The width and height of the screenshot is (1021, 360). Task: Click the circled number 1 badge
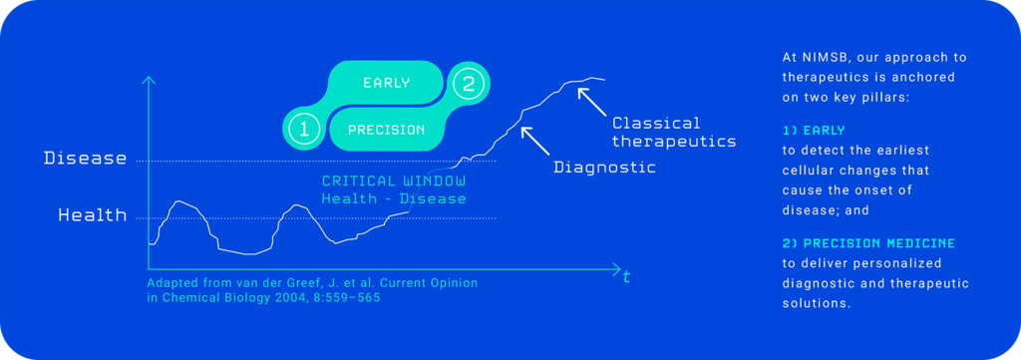pos(303,129)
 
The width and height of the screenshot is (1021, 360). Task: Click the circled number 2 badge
pos(469,84)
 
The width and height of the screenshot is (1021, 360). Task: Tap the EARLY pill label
pos(387,83)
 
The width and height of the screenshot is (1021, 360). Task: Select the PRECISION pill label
pos(386,130)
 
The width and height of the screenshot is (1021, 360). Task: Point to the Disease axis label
pos(86,158)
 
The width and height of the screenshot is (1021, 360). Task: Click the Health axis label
pos(93,214)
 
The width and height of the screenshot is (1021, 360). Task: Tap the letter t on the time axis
pos(626,276)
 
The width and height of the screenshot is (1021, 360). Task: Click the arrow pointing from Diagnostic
pos(534,140)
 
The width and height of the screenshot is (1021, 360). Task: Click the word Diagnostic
pos(604,167)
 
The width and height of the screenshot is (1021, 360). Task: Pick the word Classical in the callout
pos(656,123)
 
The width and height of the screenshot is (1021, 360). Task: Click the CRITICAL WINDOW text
pos(394,180)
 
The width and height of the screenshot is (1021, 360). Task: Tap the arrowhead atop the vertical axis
pos(149,81)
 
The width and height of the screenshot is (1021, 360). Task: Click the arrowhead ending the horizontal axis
pos(616,268)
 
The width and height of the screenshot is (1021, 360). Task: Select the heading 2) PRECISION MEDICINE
pos(868,243)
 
